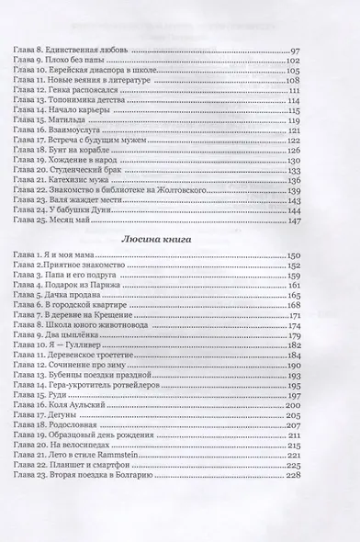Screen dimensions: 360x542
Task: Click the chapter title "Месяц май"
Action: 74,221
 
